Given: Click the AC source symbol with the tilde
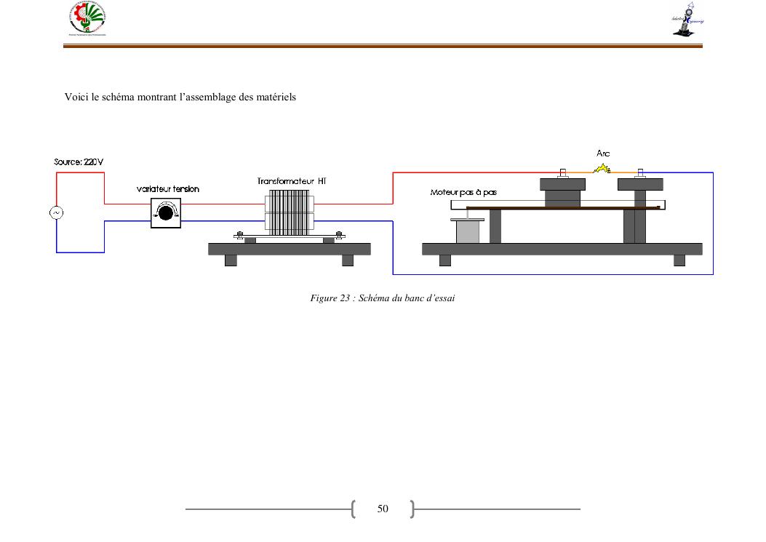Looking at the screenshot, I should click(56, 212).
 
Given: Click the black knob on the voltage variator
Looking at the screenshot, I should click(166, 212).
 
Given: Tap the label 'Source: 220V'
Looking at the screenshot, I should click(79, 162).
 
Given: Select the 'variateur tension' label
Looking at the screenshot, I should click(167, 189).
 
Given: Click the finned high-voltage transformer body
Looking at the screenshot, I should click(290, 212).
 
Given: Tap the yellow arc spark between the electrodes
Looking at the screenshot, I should click(602, 169).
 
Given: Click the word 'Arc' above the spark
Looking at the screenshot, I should click(603, 154).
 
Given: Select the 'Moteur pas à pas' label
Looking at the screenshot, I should click(463, 192).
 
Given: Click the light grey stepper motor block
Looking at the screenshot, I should click(467, 231).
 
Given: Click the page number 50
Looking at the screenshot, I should click(383, 509).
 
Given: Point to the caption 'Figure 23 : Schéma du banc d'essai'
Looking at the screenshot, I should click(383, 298).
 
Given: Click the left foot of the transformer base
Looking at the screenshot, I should click(231, 260).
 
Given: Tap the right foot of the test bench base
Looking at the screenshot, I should click(679, 260).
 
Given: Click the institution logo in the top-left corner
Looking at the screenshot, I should click(88, 19).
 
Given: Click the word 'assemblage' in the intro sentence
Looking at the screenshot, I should click(204, 97).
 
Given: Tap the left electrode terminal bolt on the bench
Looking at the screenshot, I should click(562, 174).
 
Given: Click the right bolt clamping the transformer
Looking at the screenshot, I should click(338, 235).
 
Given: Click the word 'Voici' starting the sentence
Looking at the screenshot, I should click(76, 97).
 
